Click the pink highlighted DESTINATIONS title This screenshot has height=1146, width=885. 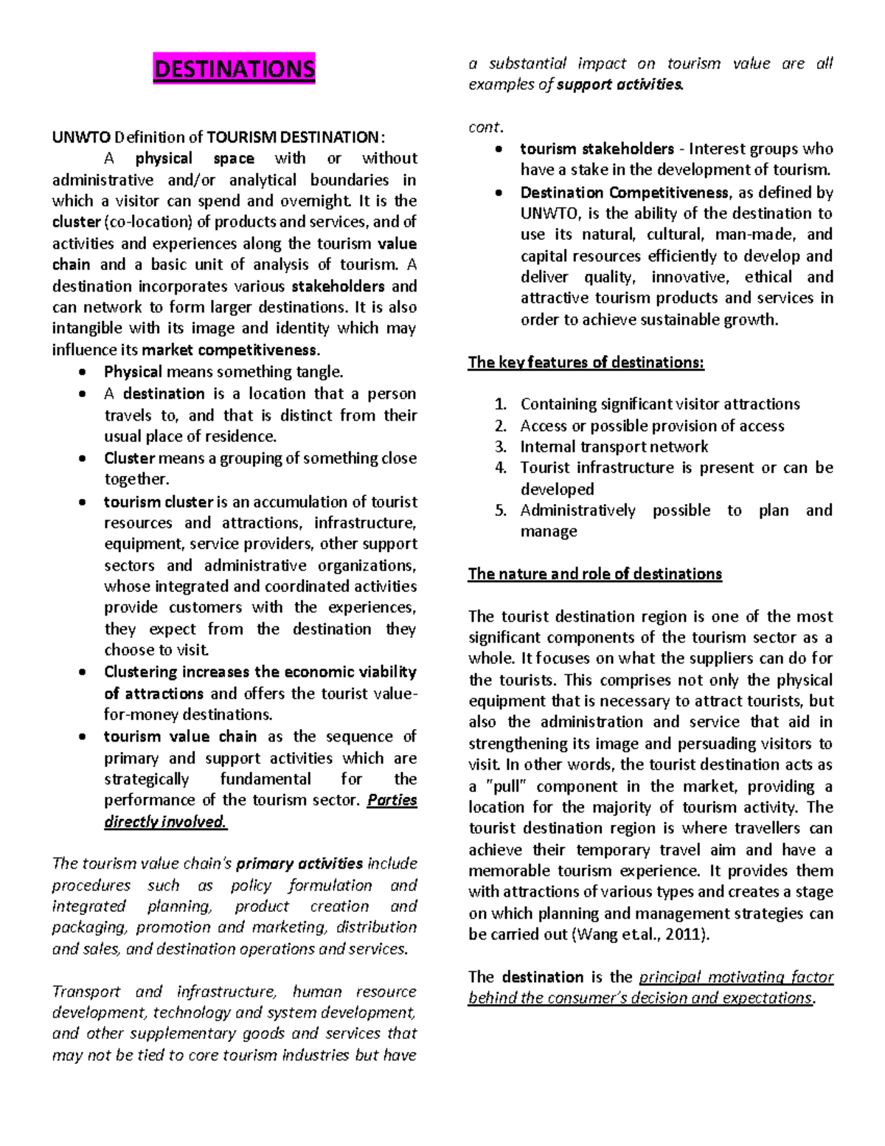(x=234, y=69)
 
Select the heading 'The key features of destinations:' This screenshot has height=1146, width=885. (x=586, y=362)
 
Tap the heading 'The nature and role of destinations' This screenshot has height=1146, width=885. (x=594, y=574)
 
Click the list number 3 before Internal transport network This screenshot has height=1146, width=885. (x=501, y=447)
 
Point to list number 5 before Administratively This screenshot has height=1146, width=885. (x=501, y=511)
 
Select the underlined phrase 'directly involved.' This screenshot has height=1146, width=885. (x=165, y=822)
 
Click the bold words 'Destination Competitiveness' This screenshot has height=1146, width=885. (x=624, y=193)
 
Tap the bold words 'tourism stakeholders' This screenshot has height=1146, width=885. (x=597, y=149)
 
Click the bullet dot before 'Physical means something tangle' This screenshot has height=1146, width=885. (x=82, y=373)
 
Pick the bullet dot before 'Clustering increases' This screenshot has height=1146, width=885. (x=82, y=672)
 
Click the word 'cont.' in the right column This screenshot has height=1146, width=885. (x=485, y=127)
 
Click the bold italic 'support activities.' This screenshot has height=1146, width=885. (x=619, y=85)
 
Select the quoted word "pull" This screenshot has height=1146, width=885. (x=506, y=787)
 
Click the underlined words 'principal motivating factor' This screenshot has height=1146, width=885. (x=735, y=977)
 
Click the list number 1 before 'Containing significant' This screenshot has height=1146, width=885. (x=501, y=404)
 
